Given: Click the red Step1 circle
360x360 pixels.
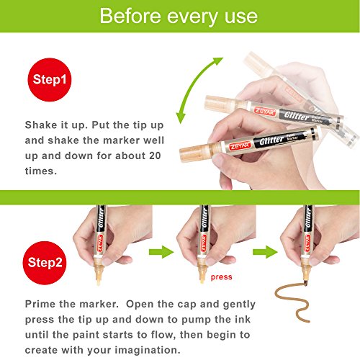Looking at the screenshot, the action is [50, 80].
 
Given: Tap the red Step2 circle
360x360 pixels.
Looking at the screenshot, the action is [45, 263].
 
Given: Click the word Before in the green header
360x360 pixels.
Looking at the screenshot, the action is [130, 16].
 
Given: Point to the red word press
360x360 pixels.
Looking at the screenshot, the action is [221, 277].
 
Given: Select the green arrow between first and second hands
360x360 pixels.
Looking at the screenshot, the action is [161, 252].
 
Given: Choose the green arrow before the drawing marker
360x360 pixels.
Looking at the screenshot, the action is [265, 252].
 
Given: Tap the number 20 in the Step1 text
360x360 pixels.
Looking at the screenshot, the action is [155, 156].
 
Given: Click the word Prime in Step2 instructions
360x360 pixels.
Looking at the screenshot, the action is [40, 304].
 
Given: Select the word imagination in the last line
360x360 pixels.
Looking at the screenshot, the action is [147, 350].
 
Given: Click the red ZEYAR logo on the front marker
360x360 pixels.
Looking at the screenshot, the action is [240, 145].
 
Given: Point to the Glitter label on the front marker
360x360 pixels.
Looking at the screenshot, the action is [271, 140].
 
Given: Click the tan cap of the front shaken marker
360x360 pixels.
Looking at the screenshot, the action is [195, 152].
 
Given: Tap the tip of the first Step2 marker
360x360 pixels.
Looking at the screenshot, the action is [98, 283].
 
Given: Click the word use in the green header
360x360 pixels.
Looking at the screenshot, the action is [241, 17].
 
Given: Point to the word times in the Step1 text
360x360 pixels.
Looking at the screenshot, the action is [41, 171].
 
